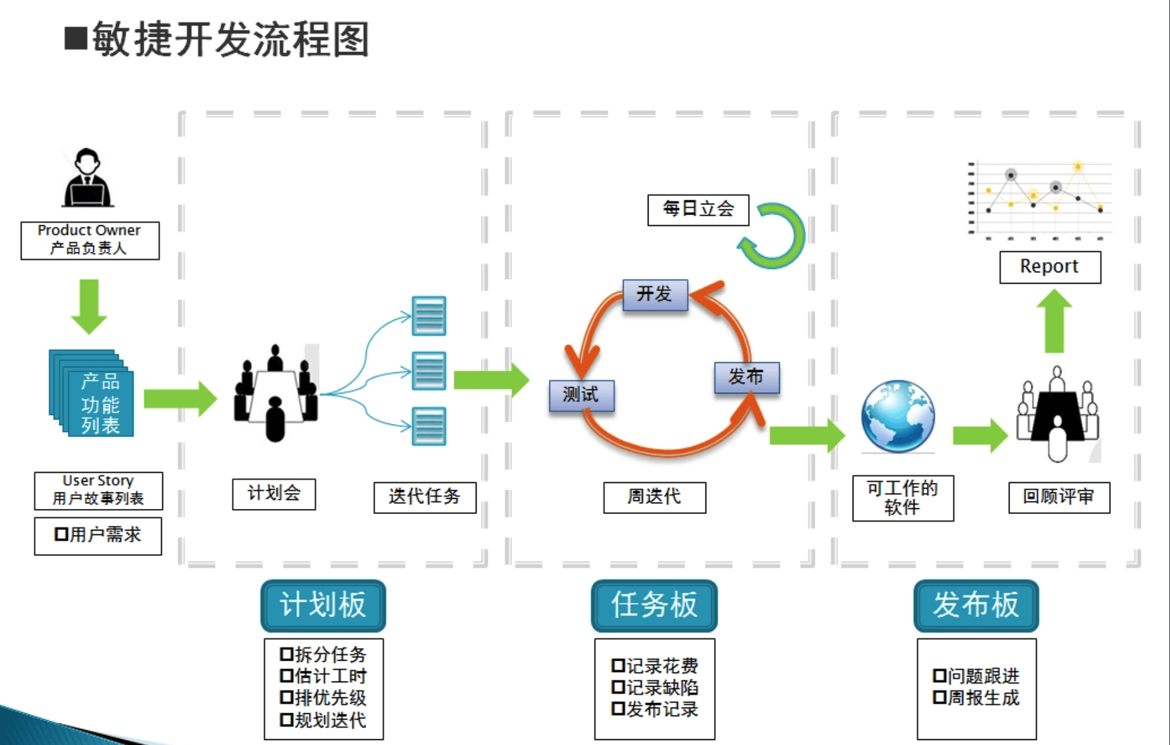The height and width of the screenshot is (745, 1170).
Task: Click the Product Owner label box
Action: tap(89, 240)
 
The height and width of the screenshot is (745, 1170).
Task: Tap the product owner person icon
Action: tap(88, 178)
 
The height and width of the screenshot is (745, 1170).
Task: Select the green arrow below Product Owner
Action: tap(89, 306)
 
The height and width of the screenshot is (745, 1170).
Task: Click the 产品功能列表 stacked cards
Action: tap(93, 394)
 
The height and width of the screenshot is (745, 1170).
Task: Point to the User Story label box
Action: tap(98, 490)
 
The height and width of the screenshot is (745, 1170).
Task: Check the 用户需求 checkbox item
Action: tap(98, 536)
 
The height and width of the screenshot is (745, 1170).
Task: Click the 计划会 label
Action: tap(273, 494)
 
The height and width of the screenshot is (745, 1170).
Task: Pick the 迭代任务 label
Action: tap(424, 497)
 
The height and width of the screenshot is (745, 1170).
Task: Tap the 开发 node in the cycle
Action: tap(654, 294)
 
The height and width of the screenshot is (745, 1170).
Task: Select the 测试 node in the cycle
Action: tap(581, 395)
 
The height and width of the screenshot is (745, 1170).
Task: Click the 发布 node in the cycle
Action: tap(746, 377)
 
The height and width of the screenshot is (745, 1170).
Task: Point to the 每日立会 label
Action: tap(698, 209)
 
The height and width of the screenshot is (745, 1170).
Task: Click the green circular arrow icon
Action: tap(774, 236)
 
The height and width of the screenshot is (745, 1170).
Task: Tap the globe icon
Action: tap(897, 416)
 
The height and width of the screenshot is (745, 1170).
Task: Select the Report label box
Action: tap(1049, 267)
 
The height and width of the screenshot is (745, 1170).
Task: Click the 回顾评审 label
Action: tap(1058, 497)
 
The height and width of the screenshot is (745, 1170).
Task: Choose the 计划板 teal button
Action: tap(323, 605)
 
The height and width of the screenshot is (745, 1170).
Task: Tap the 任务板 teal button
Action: tap(654, 605)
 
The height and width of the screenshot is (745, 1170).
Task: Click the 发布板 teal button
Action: tap(976, 605)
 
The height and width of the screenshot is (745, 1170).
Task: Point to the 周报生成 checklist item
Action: tap(977, 698)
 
